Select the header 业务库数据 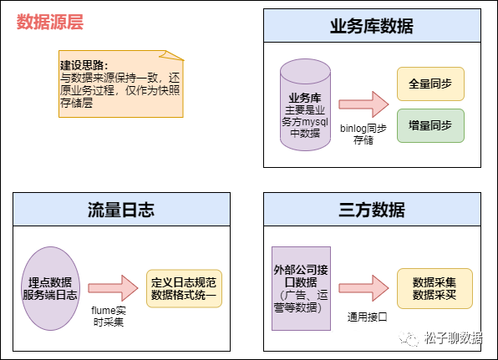[372, 25]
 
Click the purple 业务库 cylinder [305, 105]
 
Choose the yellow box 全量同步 [430, 84]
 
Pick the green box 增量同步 [430, 125]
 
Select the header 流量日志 [121, 209]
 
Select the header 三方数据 [372, 209]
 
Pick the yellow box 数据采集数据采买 [434, 288]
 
